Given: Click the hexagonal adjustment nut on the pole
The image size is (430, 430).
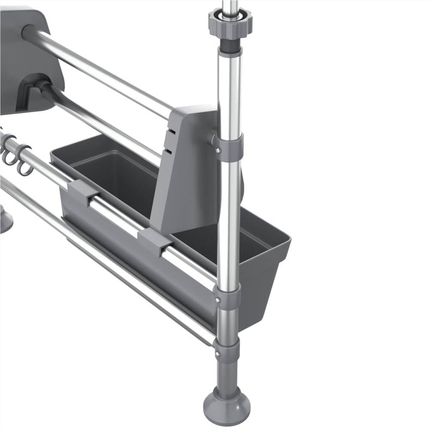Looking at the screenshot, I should click(230, 21).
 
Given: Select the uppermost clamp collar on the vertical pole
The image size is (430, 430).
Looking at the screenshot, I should click(230, 147).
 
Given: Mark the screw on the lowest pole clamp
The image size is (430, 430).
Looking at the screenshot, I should click(218, 353).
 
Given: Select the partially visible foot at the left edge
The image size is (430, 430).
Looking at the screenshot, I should click(5, 219).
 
